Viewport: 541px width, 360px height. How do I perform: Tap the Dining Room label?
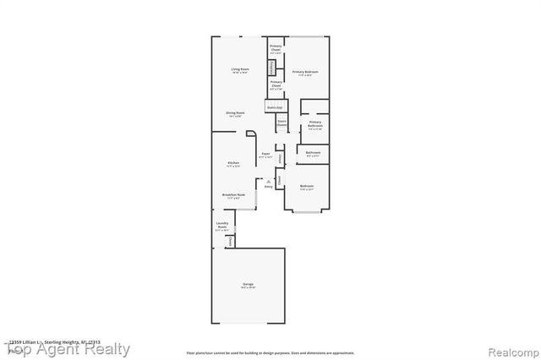(235, 113)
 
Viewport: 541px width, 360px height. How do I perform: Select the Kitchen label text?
(233, 163)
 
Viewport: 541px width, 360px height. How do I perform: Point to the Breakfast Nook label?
(233, 195)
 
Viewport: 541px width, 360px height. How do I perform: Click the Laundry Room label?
(222, 226)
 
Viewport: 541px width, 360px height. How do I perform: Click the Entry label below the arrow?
(268, 186)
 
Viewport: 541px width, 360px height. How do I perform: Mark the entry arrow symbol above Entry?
(268, 180)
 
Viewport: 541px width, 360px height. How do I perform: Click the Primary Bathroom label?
(314, 124)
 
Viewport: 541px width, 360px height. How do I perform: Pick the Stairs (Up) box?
(273, 108)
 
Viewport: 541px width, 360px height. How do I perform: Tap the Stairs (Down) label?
(281, 123)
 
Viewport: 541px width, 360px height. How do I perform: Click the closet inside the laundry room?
(230, 242)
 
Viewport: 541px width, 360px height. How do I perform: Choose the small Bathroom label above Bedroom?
(313, 154)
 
